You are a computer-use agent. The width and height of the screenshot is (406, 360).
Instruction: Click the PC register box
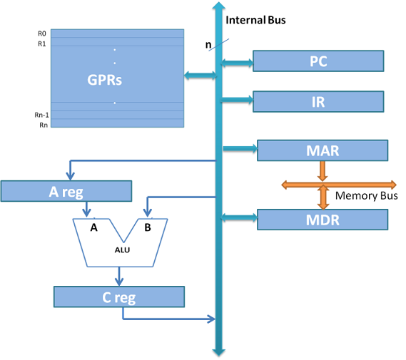tap(318, 61)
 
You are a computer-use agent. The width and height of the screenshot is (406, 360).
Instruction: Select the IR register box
tap(318, 102)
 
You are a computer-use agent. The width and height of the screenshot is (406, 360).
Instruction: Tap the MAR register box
tap(322, 150)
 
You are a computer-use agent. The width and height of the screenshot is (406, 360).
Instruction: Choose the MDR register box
tap(322, 220)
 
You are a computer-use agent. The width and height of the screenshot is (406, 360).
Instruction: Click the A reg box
tap(66, 191)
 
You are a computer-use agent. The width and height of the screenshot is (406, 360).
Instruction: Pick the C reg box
tap(118, 297)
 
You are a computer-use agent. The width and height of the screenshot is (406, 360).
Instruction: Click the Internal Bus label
tap(255, 20)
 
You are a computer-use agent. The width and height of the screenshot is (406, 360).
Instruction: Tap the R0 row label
tap(41, 33)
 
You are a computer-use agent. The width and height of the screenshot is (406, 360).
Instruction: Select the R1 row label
tap(41, 44)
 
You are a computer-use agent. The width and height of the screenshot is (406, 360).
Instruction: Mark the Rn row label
tap(42, 125)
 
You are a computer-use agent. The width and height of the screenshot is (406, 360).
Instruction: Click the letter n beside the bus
tap(208, 45)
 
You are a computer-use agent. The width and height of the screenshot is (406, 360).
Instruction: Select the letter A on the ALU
tap(93, 228)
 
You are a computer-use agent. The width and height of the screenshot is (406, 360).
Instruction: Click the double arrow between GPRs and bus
tap(199, 76)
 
